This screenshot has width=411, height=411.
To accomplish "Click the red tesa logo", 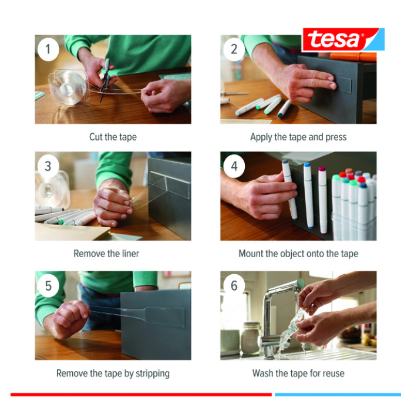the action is (x=343, y=39).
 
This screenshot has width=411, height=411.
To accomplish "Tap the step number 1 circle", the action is (x=48, y=49).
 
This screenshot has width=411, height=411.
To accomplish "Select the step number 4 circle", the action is (x=234, y=166).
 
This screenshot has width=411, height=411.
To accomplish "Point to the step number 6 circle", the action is (x=234, y=285).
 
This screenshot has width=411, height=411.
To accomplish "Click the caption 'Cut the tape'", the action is (x=113, y=137).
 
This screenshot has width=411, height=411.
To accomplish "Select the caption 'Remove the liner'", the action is (x=106, y=254).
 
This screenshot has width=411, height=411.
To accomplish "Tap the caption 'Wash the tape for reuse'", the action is (x=298, y=373).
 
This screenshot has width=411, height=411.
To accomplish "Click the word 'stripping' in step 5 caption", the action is (x=153, y=374).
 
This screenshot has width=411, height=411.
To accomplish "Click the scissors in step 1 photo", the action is (x=105, y=80).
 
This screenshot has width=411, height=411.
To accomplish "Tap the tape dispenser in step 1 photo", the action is (x=69, y=88).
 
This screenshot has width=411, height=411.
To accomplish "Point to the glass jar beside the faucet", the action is (x=251, y=338).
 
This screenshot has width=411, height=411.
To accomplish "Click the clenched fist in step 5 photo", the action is (x=69, y=318).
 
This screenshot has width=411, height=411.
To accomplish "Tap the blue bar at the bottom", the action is (x=338, y=395).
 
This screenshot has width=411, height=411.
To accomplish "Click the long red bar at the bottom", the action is (x=141, y=395).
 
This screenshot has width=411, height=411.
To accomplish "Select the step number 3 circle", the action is (x=48, y=166).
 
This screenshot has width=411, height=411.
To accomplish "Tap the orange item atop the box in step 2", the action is (x=353, y=57).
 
